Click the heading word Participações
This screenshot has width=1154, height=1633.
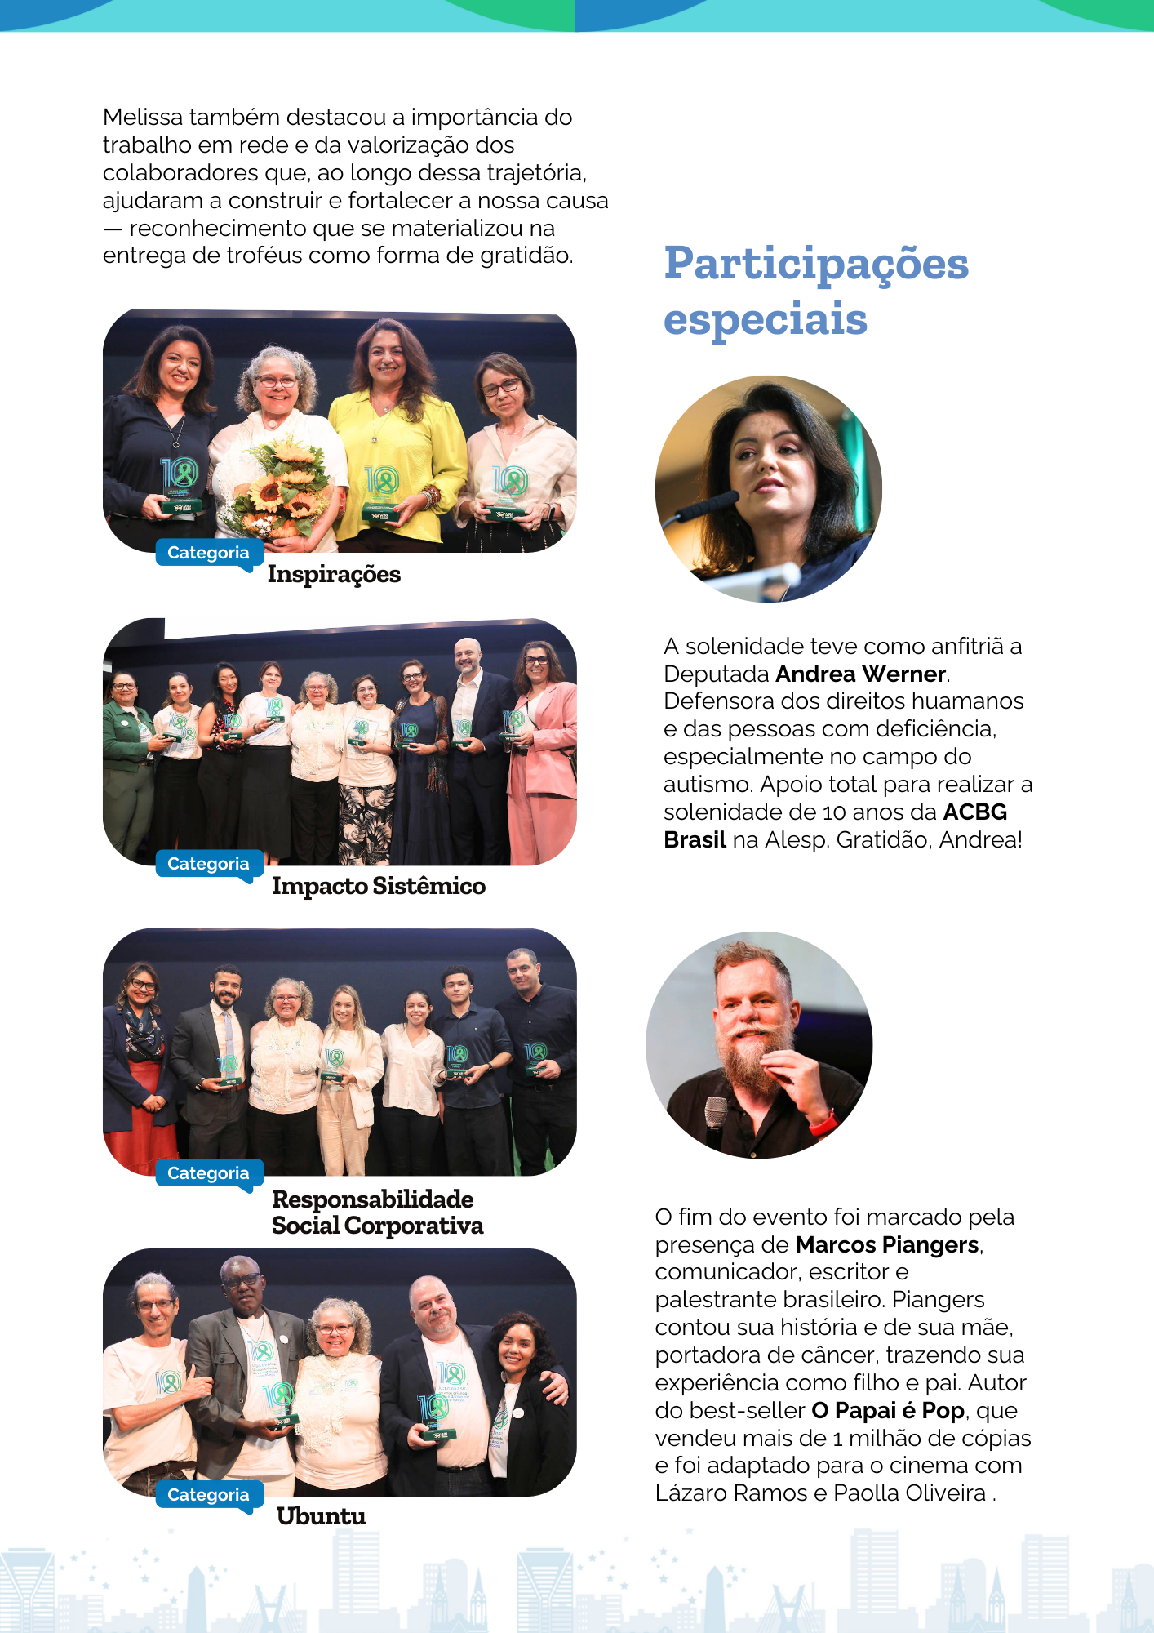click(816, 264)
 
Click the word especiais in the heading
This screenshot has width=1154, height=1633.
click(765, 319)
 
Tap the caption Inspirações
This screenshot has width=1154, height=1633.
click(334, 574)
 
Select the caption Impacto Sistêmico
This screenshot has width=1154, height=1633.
click(379, 886)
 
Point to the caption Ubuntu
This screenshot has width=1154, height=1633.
click(321, 1516)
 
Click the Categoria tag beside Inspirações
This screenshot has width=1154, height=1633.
click(208, 553)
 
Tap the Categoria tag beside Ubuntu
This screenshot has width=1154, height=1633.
click(208, 1495)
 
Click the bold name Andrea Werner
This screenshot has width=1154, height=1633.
click(861, 674)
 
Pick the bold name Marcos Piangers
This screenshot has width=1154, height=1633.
click(887, 1244)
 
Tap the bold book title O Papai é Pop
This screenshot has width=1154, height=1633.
click(888, 1410)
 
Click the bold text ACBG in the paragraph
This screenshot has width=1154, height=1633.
click(974, 812)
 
